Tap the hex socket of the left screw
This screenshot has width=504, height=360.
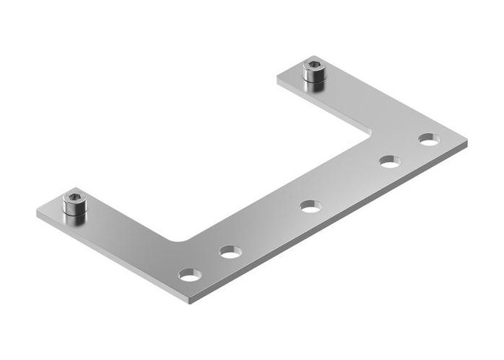point(73,197)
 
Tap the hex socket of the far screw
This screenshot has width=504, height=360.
point(313,66)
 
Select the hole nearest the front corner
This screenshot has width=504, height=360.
point(190,274)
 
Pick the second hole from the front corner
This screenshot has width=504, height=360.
point(230,252)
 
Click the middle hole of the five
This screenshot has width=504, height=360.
point(310,207)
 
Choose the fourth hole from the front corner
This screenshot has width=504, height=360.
point(390,162)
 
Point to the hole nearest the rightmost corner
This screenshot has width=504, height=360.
point(428,139)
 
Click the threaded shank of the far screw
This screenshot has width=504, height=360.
point(314,80)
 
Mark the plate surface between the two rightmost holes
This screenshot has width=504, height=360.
point(410,150)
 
